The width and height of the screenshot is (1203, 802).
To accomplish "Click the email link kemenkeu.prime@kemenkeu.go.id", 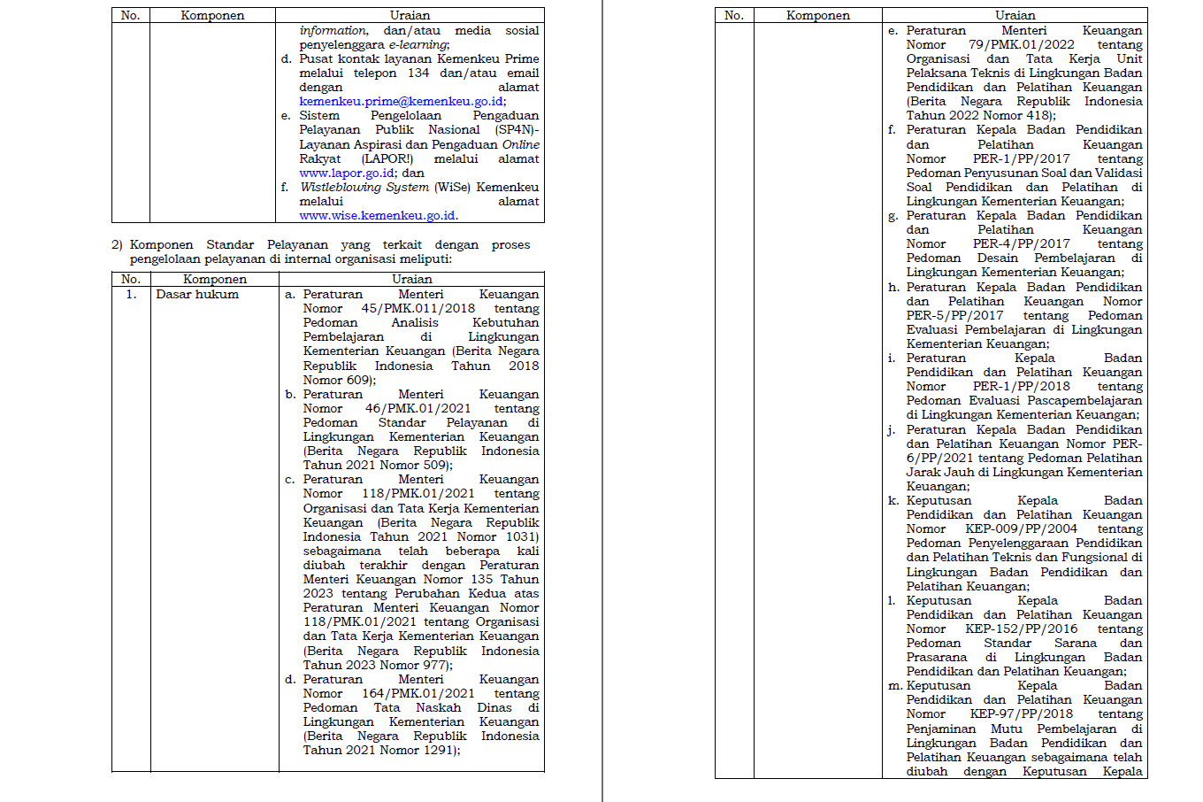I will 402,102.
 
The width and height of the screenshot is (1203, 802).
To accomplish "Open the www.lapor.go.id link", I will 347,174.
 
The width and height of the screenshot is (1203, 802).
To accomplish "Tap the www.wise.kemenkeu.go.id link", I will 378,216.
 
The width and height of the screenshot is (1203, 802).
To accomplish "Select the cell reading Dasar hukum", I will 197,295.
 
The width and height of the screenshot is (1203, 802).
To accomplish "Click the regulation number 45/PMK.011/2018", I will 418,309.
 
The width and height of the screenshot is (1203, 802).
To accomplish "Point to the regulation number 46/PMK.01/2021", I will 418,409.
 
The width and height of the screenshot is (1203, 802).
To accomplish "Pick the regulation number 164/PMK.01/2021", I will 418,694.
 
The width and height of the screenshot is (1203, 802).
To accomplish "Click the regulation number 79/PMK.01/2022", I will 1021,45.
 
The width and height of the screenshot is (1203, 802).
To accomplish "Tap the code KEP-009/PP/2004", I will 1021,529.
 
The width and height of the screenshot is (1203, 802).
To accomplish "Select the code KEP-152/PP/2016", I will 1021,629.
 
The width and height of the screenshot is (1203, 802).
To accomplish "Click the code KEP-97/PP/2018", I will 1021,714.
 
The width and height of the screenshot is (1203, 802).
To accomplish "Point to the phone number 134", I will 418,73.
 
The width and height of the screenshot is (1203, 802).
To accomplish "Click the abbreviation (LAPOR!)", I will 387,159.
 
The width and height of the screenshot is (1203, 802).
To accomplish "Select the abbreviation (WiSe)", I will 452,188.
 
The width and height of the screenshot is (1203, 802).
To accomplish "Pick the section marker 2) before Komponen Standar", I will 117,245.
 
